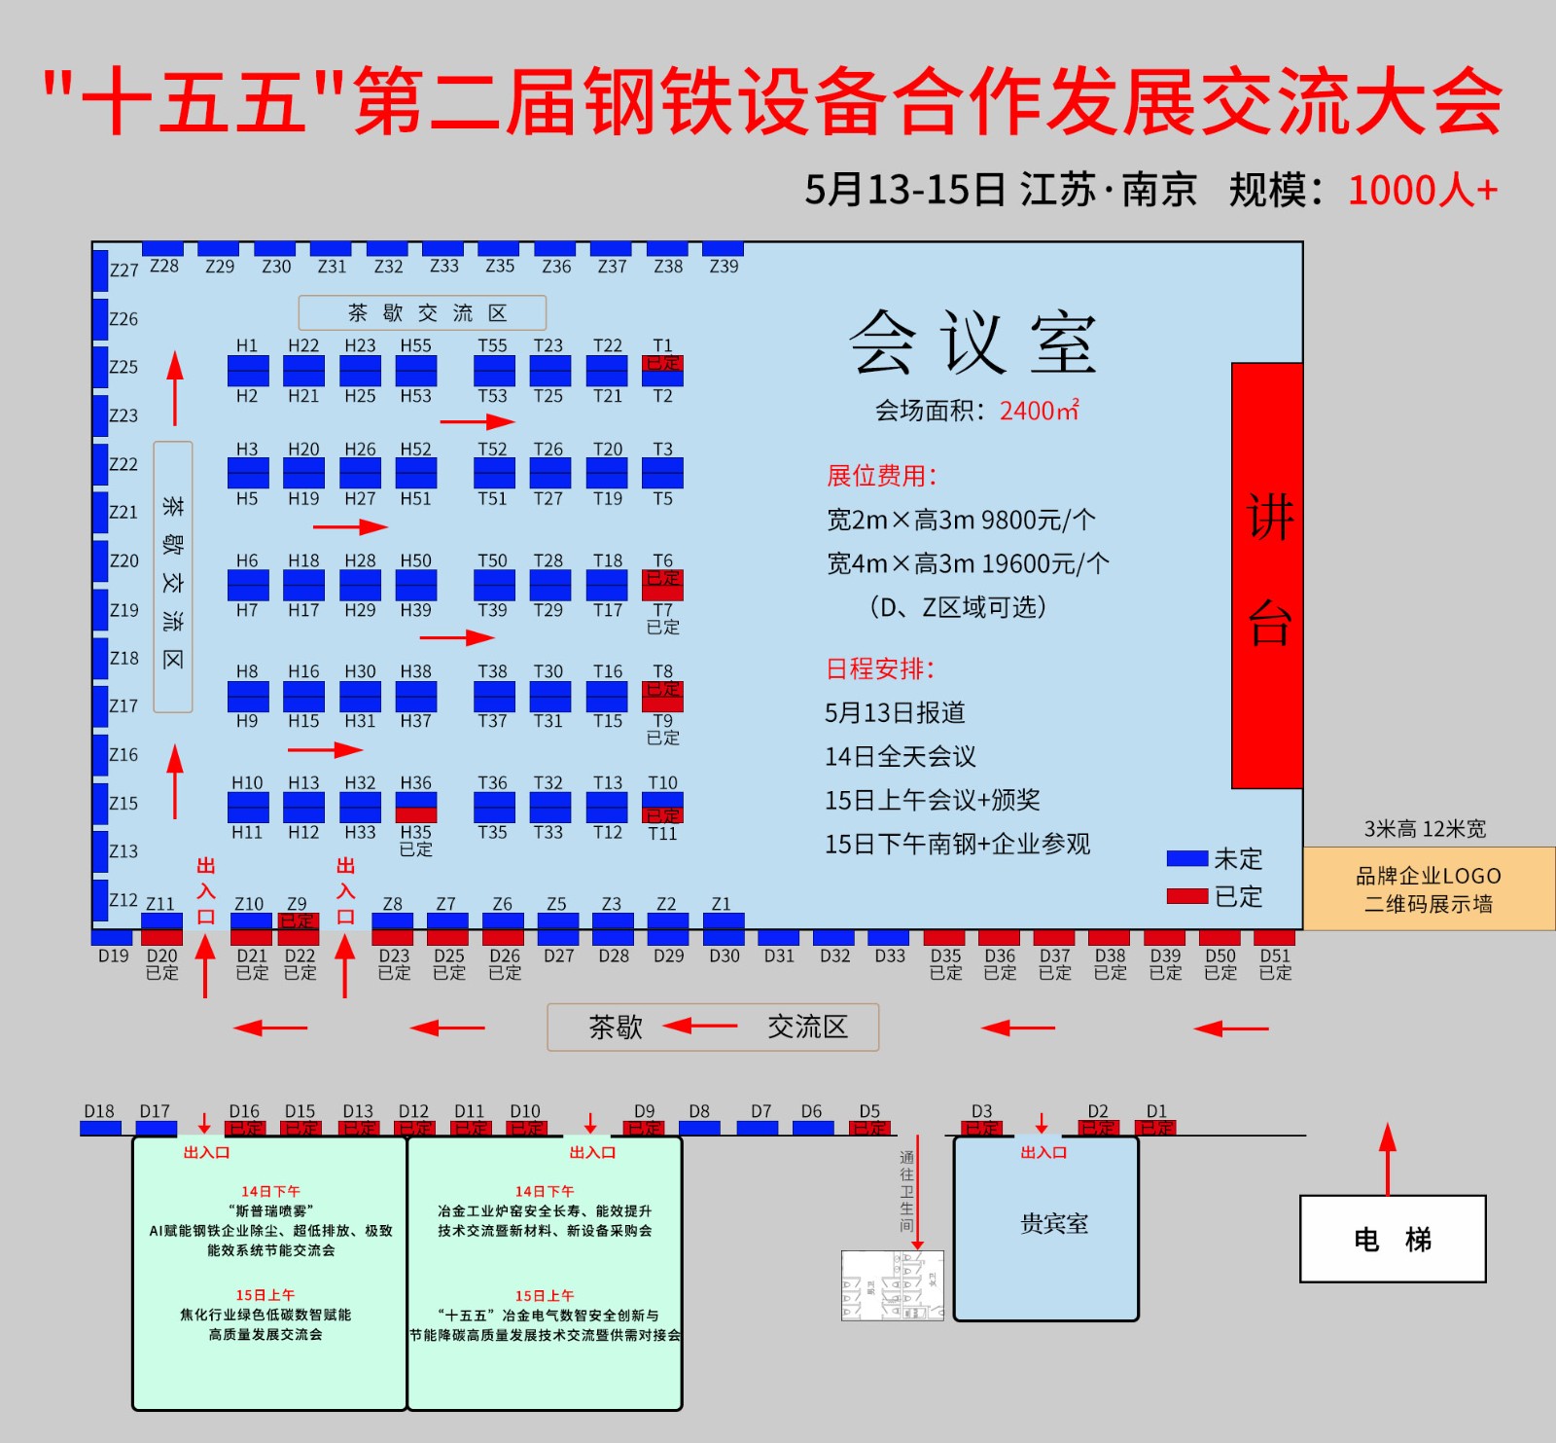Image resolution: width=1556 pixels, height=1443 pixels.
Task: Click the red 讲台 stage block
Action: (1267, 574)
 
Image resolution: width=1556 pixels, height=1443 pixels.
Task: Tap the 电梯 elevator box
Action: (1393, 1239)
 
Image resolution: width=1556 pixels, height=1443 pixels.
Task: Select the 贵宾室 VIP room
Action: (1046, 1228)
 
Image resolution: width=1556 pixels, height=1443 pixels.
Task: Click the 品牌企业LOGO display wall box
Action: (1428, 889)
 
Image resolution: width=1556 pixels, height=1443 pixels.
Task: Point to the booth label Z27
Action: (124, 270)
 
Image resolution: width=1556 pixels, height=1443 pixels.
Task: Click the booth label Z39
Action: (724, 267)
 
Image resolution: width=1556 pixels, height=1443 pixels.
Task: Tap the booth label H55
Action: (415, 345)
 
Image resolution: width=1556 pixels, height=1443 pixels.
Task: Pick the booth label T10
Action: (662, 782)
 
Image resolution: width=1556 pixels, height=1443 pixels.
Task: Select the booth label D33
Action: (889, 956)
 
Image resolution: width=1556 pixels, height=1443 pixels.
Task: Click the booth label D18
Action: (99, 1111)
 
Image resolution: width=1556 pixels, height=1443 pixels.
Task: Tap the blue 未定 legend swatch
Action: (1186, 858)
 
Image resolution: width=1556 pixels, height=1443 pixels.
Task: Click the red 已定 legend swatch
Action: (1186, 895)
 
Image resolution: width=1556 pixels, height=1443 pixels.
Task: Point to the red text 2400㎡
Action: (1039, 411)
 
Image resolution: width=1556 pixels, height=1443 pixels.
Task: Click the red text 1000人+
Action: (1422, 190)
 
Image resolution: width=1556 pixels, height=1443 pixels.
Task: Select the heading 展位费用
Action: (881, 476)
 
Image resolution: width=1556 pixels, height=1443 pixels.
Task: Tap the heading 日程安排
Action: (879, 668)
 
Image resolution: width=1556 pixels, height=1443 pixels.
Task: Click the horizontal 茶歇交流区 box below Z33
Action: (422, 313)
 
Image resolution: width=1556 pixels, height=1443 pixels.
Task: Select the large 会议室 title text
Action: (972, 343)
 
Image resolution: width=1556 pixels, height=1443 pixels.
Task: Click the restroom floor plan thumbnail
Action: (892, 1285)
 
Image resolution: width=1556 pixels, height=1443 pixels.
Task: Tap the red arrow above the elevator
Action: (1388, 1158)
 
